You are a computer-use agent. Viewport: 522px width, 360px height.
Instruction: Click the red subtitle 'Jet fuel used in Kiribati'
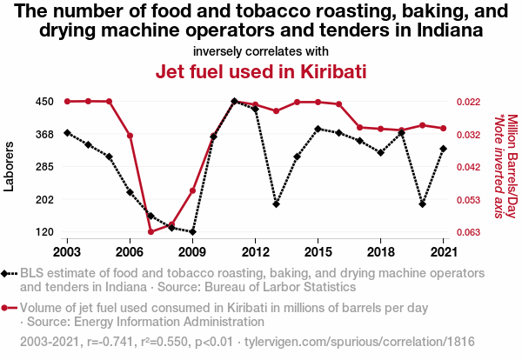(260, 71)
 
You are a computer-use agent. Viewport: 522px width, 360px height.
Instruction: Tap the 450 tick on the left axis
(45, 102)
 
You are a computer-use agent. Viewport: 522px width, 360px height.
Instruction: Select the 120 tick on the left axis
(45, 232)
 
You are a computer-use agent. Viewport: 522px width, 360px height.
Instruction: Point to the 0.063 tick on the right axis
(470, 232)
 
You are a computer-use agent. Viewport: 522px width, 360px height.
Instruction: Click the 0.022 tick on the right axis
(470, 102)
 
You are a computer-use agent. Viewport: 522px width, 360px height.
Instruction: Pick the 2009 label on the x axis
(192, 251)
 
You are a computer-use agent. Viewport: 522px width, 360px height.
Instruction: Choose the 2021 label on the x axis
(444, 251)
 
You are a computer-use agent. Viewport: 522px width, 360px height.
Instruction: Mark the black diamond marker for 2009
(192, 232)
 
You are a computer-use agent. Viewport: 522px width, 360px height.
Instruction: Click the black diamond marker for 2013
(276, 204)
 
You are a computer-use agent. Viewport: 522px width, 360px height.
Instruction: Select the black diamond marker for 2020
(423, 204)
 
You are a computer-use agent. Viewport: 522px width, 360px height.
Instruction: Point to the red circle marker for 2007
(151, 231)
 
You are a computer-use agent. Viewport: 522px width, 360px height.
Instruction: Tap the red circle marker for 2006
(130, 136)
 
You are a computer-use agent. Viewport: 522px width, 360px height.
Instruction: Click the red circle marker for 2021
(444, 129)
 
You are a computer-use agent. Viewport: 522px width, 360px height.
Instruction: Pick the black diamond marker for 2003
(67, 133)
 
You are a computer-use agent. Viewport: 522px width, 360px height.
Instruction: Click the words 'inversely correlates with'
(260, 51)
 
